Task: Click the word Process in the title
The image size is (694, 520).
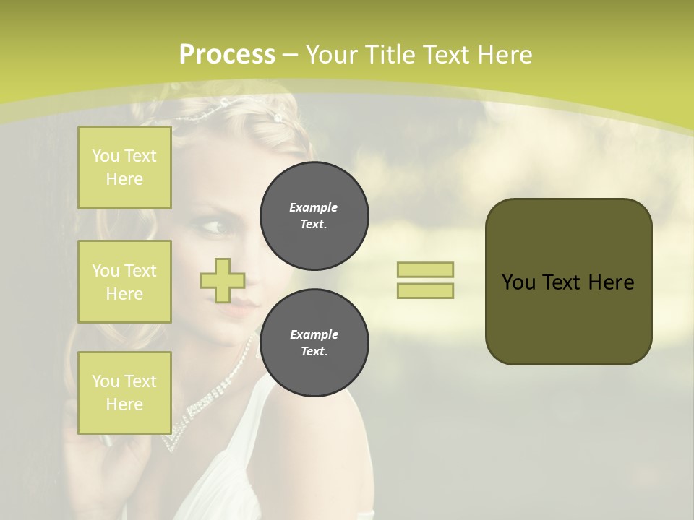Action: [227, 55]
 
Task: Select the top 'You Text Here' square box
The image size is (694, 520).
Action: [124, 168]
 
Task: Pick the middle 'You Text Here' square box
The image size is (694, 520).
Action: [124, 282]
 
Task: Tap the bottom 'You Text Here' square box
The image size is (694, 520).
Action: [124, 393]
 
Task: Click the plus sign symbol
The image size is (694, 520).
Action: [223, 280]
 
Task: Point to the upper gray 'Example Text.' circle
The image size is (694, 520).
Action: [314, 215]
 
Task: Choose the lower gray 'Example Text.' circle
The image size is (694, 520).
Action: [314, 342]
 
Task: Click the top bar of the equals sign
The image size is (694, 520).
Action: [425, 270]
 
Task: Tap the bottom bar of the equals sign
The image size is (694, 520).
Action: [425, 290]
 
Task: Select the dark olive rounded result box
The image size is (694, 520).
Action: [568, 282]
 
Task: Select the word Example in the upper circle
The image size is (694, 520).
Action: [314, 207]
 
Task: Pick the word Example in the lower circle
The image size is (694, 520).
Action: [314, 334]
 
